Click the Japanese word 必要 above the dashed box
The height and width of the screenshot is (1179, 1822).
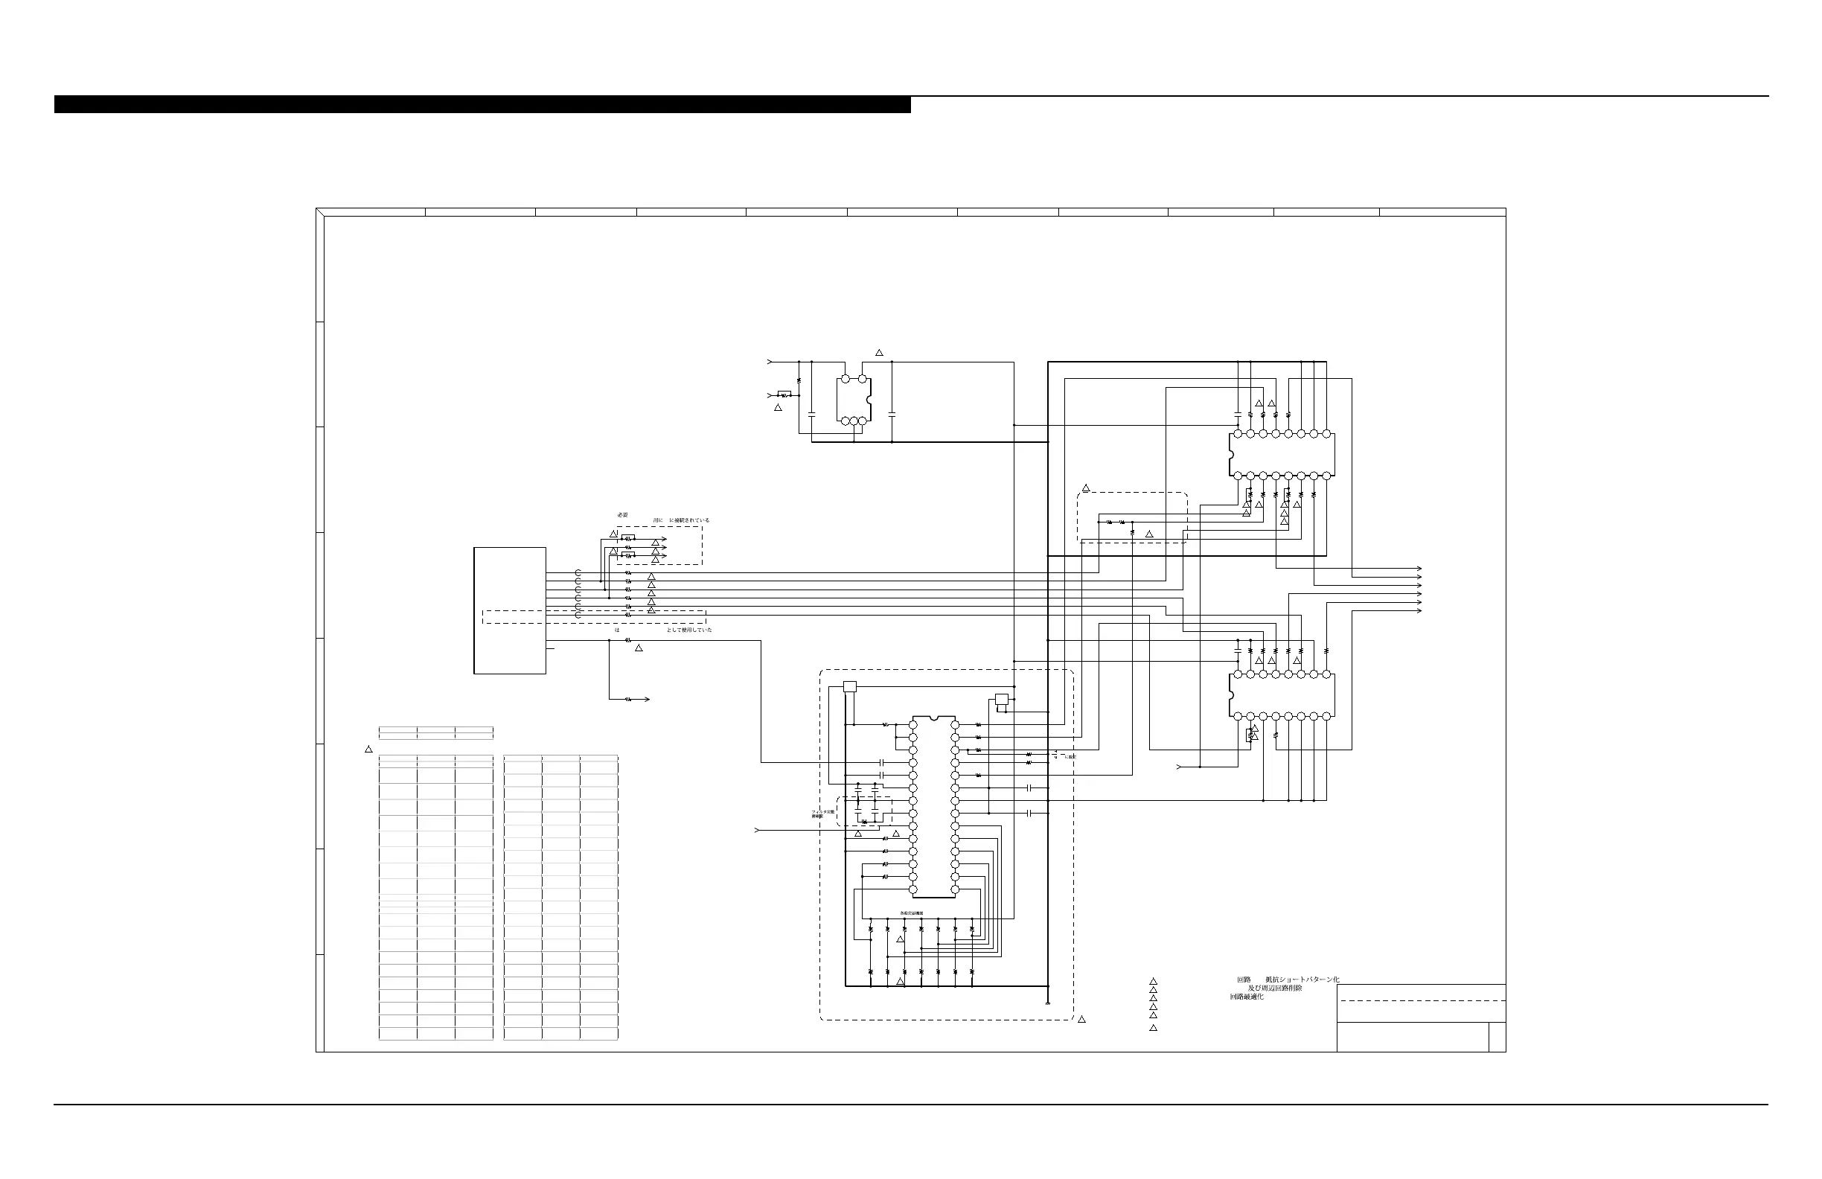(x=622, y=514)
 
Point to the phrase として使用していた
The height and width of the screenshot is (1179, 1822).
(x=689, y=630)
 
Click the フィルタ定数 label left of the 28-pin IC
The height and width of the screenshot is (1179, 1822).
(x=823, y=811)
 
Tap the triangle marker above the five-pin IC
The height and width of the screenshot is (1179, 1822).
(x=879, y=353)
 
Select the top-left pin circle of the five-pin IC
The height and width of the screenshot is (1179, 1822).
(x=846, y=379)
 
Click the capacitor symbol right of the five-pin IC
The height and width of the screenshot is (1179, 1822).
(x=892, y=414)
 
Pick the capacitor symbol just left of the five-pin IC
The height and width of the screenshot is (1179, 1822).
(x=811, y=414)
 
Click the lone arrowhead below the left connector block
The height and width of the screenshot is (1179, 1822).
(x=648, y=700)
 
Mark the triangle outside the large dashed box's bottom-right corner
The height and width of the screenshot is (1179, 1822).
(x=1081, y=1020)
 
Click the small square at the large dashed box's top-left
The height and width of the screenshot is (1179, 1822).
(x=849, y=687)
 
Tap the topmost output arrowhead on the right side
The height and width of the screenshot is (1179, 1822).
(x=1419, y=569)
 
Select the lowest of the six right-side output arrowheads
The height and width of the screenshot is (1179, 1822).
(x=1419, y=611)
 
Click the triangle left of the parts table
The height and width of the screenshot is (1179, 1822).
(x=368, y=749)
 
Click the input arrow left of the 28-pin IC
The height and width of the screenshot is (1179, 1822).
(x=758, y=831)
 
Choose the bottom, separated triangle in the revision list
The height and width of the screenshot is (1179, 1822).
(x=1153, y=1028)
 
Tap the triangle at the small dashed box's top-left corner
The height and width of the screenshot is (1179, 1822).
(x=1086, y=488)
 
